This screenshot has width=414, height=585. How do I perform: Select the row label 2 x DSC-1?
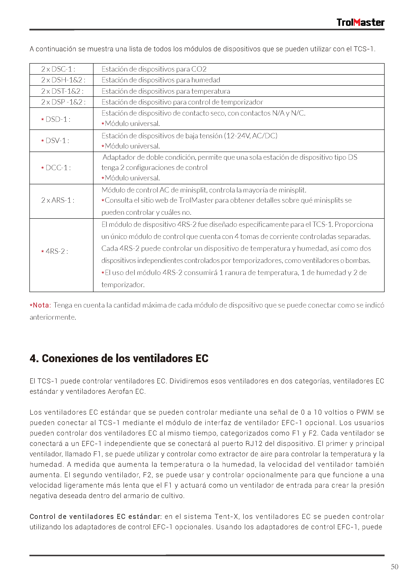coord(58,69)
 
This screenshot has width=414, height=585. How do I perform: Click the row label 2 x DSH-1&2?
coord(63,80)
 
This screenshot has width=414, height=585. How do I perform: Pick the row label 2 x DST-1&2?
coord(62,91)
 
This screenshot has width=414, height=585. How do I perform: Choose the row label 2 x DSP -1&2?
coord(63,102)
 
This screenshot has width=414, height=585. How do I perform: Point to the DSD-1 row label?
coord(57,119)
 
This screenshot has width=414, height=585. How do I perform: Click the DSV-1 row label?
coord(57,141)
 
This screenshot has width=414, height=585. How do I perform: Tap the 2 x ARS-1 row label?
coord(58,200)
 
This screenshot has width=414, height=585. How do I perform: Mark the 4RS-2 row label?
coord(56,251)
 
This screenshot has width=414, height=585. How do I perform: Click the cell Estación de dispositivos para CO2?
coord(154,69)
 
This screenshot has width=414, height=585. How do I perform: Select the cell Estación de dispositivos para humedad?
coord(161,80)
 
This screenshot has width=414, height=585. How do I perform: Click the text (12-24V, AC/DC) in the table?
coord(250,136)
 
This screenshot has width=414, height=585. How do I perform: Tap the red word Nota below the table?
coord(42,305)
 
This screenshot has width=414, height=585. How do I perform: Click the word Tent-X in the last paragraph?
coord(226,516)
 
